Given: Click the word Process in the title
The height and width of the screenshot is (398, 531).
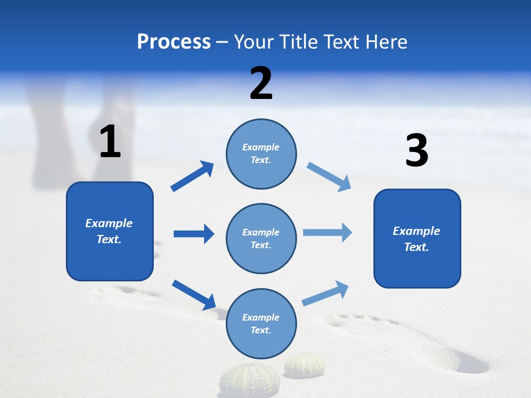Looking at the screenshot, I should click(x=174, y=41).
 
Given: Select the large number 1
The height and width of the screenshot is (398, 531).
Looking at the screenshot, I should click(x=110, y=142).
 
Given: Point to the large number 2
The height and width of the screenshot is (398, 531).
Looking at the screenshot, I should click(x=261, y=83).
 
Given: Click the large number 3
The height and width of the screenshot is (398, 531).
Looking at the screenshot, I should click(x=417, y=151).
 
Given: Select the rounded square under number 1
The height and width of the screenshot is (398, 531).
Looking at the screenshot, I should click(x=110, y=231).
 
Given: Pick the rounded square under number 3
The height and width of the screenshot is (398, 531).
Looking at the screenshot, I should click(x=417, y=238).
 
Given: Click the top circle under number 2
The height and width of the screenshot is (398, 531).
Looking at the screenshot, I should click(x=261, y=153).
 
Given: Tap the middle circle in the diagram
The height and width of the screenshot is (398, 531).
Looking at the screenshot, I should click(x=261, y=238).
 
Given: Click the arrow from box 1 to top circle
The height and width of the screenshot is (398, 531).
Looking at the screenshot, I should click(x=192, y=176).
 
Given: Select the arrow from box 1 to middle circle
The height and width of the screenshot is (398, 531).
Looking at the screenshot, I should click(x=194, y=234).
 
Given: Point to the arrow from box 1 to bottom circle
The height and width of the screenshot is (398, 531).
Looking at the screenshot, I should click(x=194, y=295).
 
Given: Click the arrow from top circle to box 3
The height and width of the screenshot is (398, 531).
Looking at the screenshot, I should click(x=329, y=176).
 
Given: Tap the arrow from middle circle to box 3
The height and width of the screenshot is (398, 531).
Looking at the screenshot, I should click(x=327, y=233).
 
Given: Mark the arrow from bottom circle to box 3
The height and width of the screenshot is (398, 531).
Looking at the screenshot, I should click(x=325, y=294).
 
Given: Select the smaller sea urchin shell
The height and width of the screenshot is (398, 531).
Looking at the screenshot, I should click(x=304, y=364).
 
